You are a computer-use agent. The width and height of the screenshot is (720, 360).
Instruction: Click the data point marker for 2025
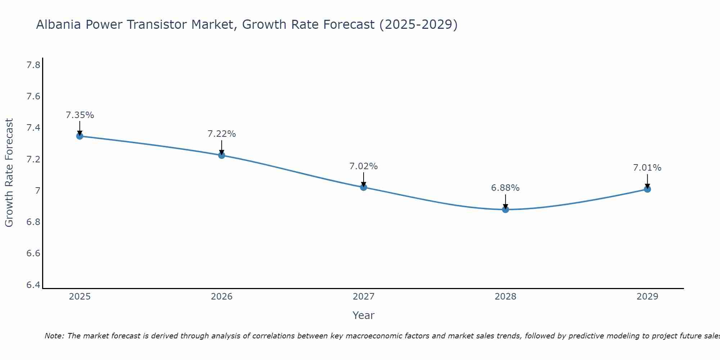click(80, 136)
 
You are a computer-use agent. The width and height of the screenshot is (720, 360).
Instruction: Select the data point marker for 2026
click(222, 155)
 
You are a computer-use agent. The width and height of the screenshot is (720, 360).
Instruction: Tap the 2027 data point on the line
click(364, 187)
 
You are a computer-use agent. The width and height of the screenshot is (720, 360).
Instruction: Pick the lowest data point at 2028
click(505, 210)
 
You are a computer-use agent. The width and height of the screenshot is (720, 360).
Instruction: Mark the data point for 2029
click(647, 189)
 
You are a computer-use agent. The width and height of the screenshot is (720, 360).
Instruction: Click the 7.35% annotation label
click(80, 115)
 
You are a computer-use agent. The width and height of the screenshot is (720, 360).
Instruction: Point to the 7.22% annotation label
click(222, 134)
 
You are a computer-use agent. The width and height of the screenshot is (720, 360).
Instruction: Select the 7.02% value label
click(364, 166)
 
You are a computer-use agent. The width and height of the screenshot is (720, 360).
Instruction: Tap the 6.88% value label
click(505, 188)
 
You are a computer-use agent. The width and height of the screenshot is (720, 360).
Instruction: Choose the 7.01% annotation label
click(647, 168)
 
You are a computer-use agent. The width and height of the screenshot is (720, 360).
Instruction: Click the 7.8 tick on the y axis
click(33, 65)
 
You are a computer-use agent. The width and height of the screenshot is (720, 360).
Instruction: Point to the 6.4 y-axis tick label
click(33, 285)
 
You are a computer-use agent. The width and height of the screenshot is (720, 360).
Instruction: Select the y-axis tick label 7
click(37, 191)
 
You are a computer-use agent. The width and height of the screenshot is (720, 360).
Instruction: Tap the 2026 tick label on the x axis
click(222, 297)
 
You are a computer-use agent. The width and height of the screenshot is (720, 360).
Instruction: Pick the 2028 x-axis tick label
click(505, 297)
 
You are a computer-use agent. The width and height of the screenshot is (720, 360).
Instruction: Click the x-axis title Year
click(364, 315)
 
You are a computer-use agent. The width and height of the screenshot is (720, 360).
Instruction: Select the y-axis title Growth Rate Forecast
click(9, 173)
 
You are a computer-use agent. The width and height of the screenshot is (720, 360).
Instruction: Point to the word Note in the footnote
click(54, 336)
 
